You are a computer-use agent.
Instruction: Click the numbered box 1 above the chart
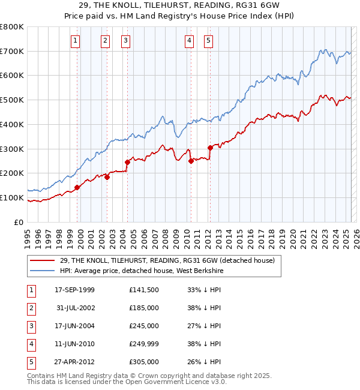point(76,41)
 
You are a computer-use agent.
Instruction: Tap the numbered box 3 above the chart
point(125,41)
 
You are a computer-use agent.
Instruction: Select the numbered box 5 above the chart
point(208,41)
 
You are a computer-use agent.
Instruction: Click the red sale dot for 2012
point(210,148)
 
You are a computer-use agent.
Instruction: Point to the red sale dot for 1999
point(77,187)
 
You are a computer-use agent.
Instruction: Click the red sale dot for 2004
point(127,162)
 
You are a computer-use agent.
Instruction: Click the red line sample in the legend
point(43,260)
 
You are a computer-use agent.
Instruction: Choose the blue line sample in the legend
point(43,271)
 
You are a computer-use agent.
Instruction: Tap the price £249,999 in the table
point(144,344)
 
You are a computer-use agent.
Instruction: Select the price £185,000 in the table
point(144,308)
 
